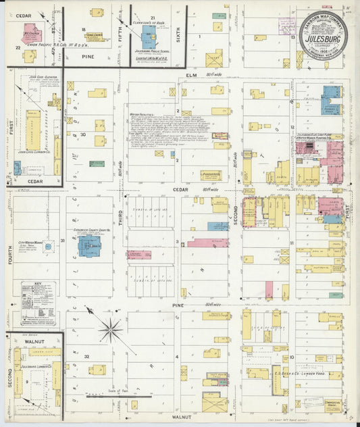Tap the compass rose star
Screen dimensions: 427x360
coord(110,330)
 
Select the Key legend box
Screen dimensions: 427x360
coord(37,299)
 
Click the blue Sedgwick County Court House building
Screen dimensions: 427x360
coord(88,245)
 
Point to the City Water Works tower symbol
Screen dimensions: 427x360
coord(48,247)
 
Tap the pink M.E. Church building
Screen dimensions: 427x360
coord(31,35)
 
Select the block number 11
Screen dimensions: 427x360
coord(291,242)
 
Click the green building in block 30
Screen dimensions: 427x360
coord(97,164)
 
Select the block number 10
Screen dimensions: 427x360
coord(291,357)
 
